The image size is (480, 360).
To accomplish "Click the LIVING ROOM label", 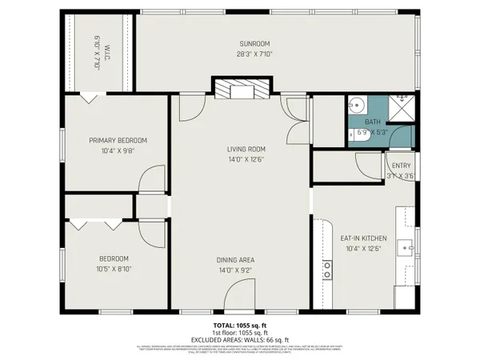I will pos(246,149).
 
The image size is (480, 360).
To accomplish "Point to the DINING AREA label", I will pos(235,260).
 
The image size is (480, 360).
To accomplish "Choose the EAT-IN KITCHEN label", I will pos(364,238).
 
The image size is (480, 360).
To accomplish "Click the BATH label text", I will pos(374,122).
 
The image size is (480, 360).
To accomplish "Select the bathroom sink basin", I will pos(357,105).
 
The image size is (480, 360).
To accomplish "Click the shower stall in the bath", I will pos(402,105).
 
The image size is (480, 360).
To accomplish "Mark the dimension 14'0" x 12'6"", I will pos(246,159).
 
